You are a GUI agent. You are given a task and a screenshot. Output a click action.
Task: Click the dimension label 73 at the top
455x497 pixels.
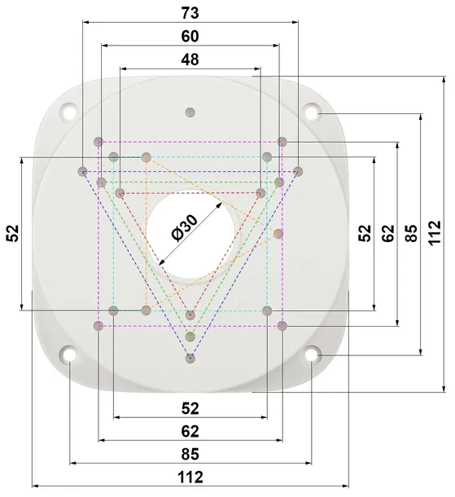click(190, 13)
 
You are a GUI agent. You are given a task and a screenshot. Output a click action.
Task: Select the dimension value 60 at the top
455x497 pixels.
click(190, 36)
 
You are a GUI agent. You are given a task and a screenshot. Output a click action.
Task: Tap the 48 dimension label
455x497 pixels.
click(190, 59)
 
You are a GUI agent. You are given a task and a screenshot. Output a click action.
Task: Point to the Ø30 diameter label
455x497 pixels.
click(184, 228)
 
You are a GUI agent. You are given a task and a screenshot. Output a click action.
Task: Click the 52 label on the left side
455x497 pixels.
click(13, 233)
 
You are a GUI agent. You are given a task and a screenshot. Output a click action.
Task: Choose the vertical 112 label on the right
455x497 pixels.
click(435, 233)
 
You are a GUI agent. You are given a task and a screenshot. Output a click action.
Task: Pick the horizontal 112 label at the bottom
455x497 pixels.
click(190, 477)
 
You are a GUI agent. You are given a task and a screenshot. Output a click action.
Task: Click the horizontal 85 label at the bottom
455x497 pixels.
click(190, 454)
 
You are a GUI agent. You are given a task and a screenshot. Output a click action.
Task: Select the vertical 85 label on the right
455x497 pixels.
click(412, 233)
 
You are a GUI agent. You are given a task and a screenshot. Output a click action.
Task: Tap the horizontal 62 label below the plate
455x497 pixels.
click(190, 431)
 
